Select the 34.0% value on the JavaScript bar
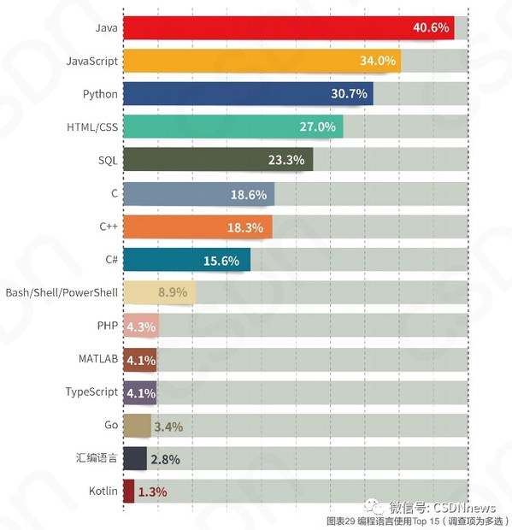coord(378,62)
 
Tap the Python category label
coord(101,94)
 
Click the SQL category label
coord(108,160)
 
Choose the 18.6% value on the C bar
coord(249,194)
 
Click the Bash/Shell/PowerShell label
coord(62,292)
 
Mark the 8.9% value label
coord(173,293)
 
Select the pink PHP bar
coord(141,327)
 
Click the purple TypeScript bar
coord(140,392)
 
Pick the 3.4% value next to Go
coord(168,426)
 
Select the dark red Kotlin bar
coord(129,491)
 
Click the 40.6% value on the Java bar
coord(431,28)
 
